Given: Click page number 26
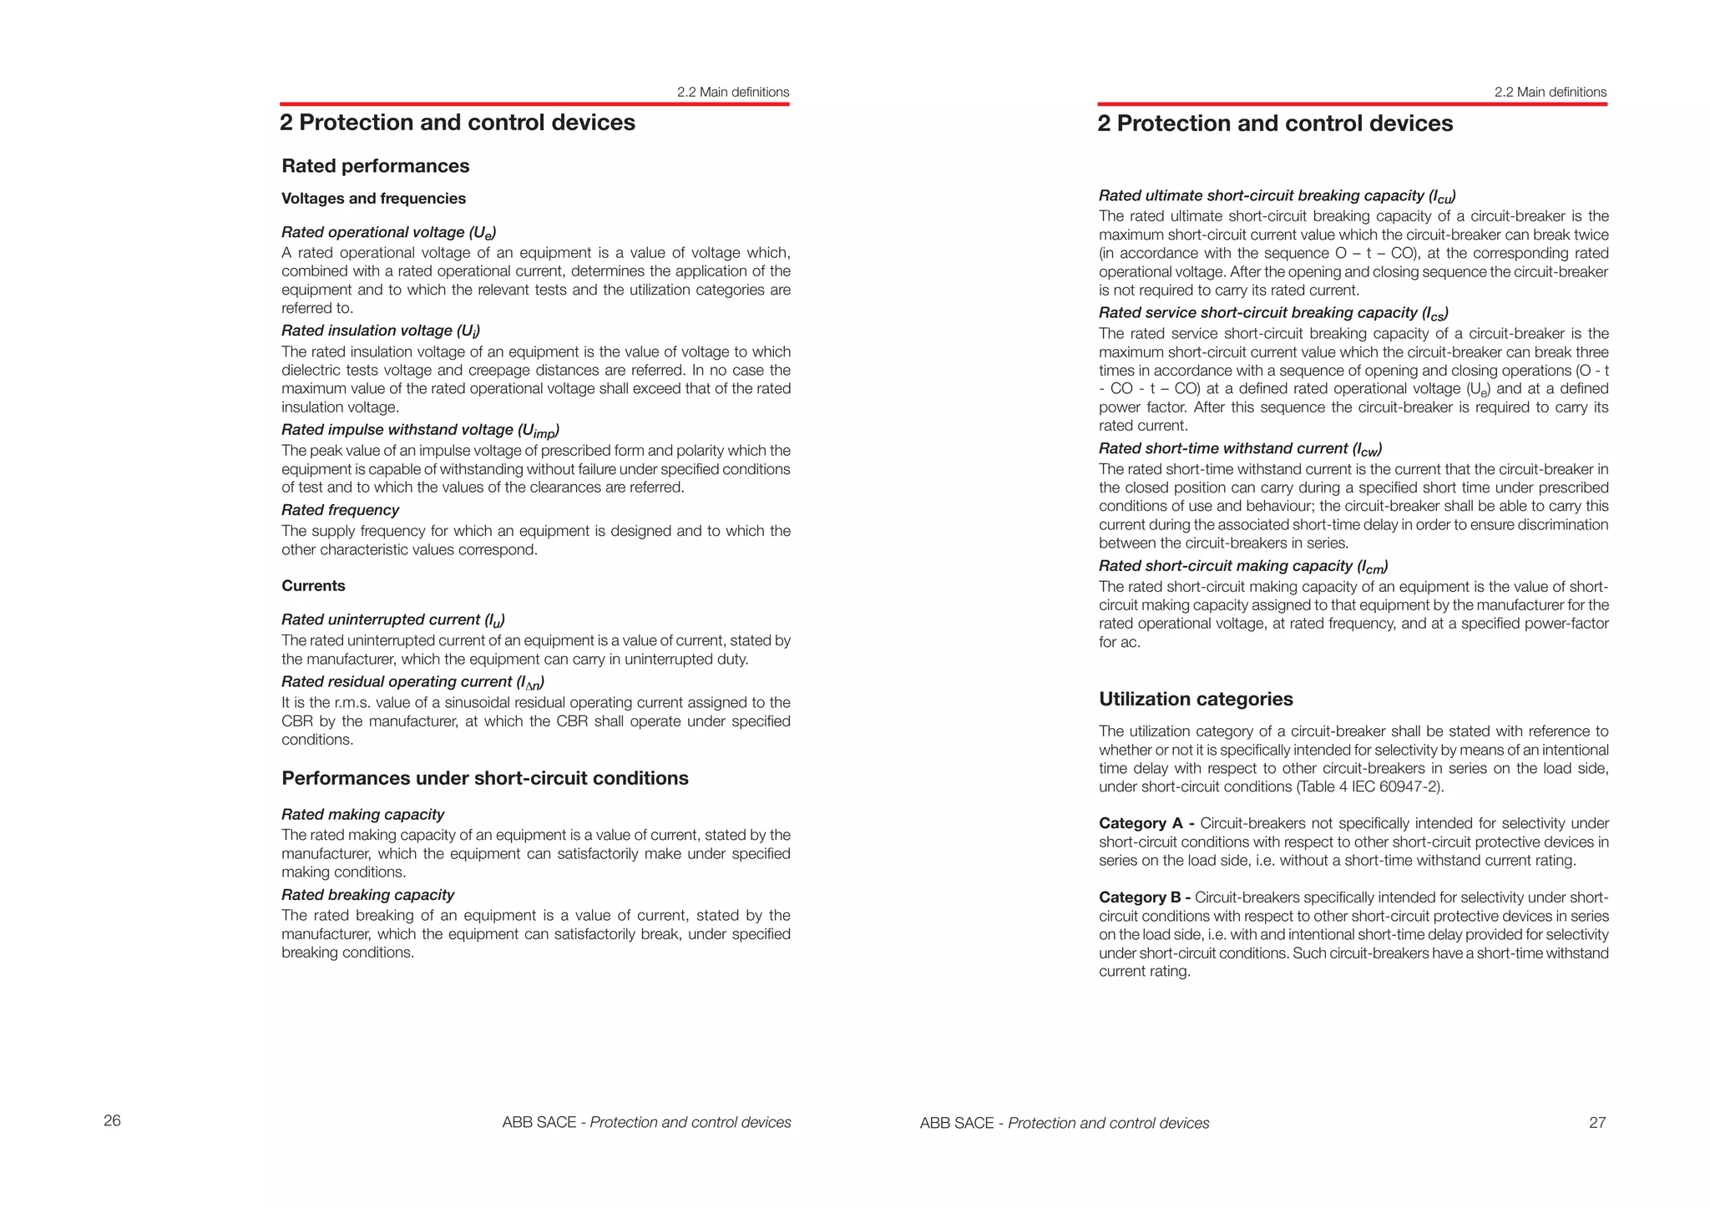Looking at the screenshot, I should coord(112,1120).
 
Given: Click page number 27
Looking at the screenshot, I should coord(1596,1123).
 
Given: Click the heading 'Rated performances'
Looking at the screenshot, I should coord(375,165).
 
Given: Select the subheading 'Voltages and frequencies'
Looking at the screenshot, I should coord(373,199).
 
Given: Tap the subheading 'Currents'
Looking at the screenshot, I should coord(313,585).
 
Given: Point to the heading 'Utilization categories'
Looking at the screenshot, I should coord(1195,699).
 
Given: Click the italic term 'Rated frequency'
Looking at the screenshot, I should coord(340,510).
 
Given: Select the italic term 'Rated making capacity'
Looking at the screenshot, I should coord(362,814).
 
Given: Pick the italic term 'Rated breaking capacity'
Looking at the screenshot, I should coord(367,895).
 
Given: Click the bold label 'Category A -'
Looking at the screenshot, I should coord(1146,823).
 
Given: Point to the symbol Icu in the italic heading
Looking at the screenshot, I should coord(1442,197).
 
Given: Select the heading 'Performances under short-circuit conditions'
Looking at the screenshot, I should coord(484,778).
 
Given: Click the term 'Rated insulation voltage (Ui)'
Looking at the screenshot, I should coord(380,331).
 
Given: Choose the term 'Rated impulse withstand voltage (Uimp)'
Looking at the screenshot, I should coord(420,430).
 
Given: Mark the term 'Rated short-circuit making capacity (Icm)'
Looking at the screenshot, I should coord(1242,566).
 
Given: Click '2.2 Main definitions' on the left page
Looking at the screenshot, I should coord(732,92).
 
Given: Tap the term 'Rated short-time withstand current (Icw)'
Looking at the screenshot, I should coord(1239,448).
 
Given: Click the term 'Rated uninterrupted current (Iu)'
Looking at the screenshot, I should coord(392,619).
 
